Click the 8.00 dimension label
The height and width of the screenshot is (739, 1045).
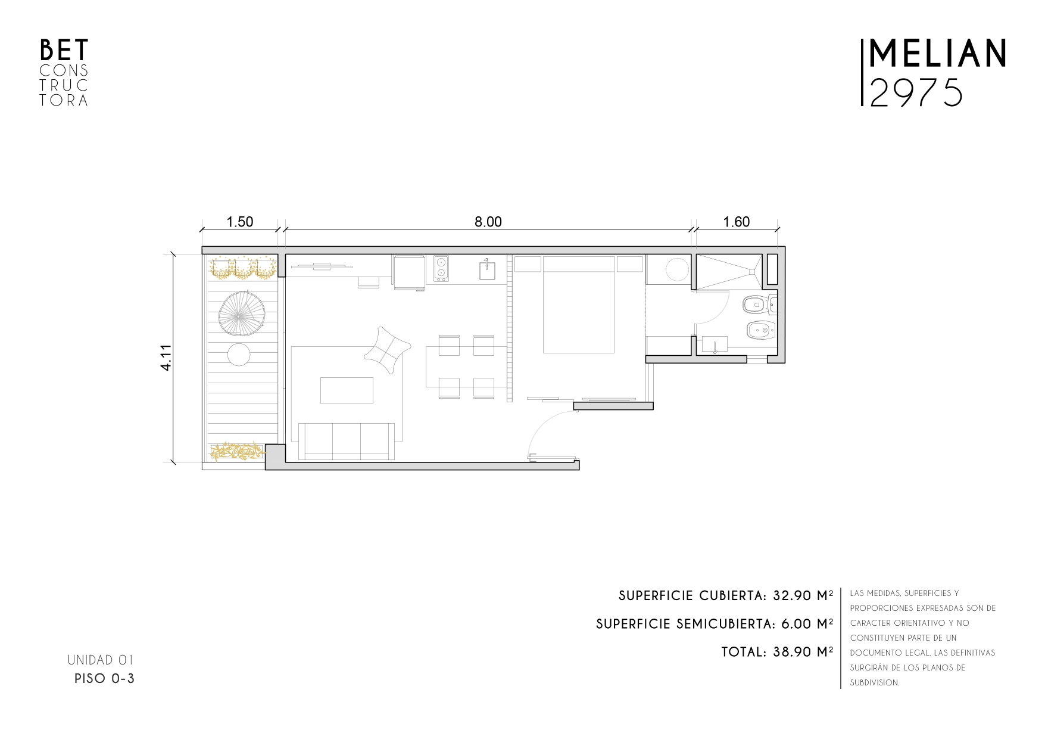click(488, 222)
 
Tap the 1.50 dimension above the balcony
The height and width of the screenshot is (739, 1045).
click(240, 222)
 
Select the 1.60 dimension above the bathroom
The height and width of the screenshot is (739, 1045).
click(736, 222)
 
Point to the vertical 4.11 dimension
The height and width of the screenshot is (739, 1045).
click(166, 358)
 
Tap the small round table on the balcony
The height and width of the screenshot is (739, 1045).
click(239, 356)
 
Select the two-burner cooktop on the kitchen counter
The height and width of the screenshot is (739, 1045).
click(441, 268)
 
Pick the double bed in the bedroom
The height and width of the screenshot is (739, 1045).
click(578, 304)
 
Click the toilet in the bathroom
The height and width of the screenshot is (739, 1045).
click(759, 305)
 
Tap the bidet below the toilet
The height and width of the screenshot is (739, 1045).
click(759, 329)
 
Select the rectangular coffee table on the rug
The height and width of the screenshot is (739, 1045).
click(347, 390)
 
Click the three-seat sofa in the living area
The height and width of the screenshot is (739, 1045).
click(346, 441)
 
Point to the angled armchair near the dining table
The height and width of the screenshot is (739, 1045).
click(388, 350)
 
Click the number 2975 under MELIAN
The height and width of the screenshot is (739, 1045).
click(916, 92)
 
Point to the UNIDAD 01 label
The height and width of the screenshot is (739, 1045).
click(100, 660)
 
